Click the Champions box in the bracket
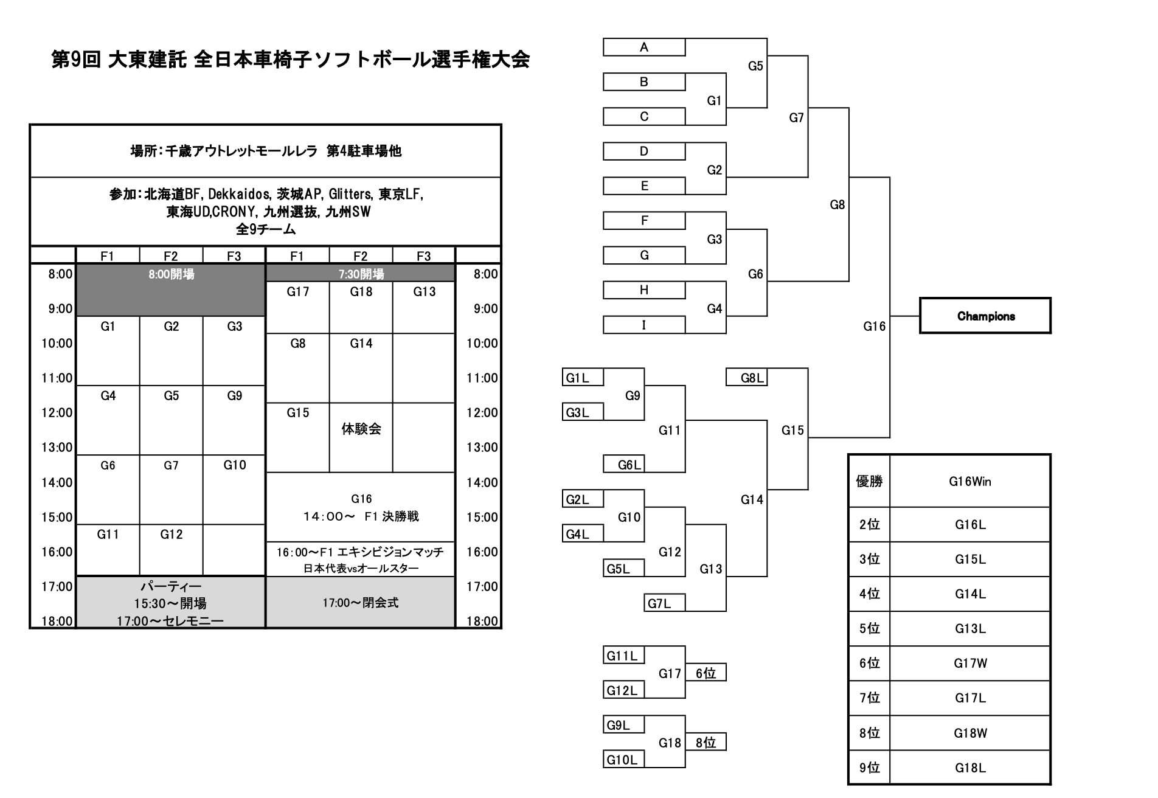(x=985, y=316)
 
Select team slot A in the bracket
(x=644, y=47)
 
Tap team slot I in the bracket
(x=644, y=325)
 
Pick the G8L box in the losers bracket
(x=747, y=378)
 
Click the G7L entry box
(x=664, y=603)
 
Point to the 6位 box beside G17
(x=706, y=673)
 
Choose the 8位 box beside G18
(x=706, y=742)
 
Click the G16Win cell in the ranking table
(x=969, y=481)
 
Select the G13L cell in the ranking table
(x=969, y=628)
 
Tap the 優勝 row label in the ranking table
(x=869, y=481)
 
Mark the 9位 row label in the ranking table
(x=869, y=768)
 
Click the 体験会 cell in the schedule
(x=361, y=429)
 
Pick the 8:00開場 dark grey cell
(x=171, y=290)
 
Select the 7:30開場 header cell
(x=361, y=274)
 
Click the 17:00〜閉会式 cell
(x=361, y=602)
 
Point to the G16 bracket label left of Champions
(x=874, y=327)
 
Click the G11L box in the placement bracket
(x=623, y=655)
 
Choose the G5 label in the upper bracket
(x=755, y=66)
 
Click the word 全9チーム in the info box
(x=266, y=229)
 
